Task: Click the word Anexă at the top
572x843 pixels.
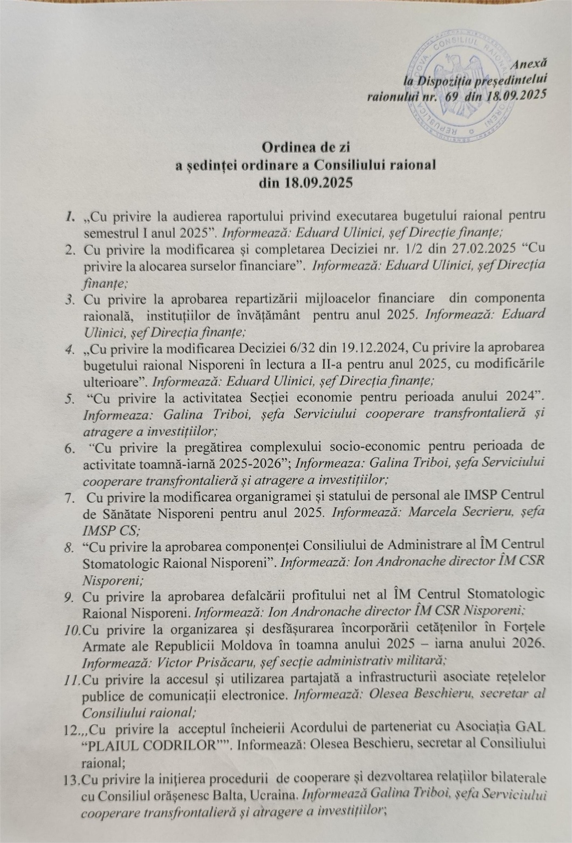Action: [529, 64]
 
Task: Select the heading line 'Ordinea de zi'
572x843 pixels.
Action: [305, 147]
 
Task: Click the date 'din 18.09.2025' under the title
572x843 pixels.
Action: [305, 183]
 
